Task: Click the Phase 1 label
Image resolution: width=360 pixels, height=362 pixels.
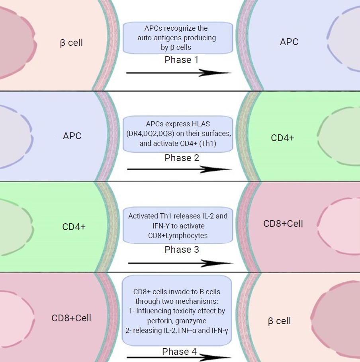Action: pos(182,60)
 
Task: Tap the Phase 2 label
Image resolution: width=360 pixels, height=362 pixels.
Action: pos(182,158)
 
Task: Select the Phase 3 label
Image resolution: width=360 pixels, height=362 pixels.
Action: pos(182,250)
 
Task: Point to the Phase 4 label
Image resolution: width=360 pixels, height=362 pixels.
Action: pos(179,352)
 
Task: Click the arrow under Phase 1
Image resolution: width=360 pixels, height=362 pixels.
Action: pos(179,73)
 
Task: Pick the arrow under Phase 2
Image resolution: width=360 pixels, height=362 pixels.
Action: pos(180,169)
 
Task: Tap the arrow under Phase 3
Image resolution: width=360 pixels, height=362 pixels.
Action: pos(180,263)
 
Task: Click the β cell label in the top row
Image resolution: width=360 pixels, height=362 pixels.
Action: pos(71,43)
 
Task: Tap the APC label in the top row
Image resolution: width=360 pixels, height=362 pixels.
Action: pos(289,42)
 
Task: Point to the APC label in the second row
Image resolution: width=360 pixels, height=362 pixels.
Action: pos(72,136)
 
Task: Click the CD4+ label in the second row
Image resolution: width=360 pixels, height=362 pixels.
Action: pos(282,138)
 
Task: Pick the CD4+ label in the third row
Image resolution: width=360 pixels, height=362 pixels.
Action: pos(74,227)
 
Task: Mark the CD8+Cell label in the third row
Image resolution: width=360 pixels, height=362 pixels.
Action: pos(283,224)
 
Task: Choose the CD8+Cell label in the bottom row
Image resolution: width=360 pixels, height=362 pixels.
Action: pos(71,318)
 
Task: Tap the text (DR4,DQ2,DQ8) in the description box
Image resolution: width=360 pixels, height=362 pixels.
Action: pos(150,134)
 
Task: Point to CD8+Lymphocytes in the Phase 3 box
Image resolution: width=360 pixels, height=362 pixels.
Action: pos(178,236)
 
